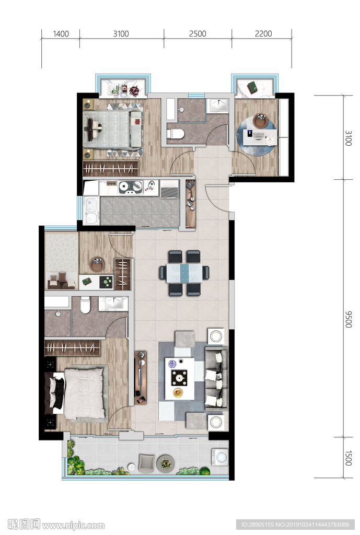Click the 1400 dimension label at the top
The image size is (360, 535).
[x=61, y=34]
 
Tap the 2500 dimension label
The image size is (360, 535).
[x=198, y=34]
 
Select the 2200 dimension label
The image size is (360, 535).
[x=263, y=34]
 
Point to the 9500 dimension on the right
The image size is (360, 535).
[x=347, y=319]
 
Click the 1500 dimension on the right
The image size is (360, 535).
[x=347, y=458]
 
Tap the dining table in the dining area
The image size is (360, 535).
[x=184, y=273]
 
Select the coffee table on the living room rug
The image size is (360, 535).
[x=180, y=378]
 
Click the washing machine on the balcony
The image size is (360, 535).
[x=220, y=457]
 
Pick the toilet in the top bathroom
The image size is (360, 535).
[x=176, y=133]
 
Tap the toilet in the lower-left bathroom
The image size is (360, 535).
[x=85, y=305]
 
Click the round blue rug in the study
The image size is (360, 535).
[x=257, y=136]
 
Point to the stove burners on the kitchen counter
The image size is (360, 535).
[x=130, y=188]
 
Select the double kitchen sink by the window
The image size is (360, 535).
[x=91, y=211]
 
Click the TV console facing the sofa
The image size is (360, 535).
[x=140, y=378]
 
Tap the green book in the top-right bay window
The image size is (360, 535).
[x=253, y=87]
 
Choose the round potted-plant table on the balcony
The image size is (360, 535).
[x=166, y=464]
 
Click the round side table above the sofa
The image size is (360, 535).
[x=216, y=336]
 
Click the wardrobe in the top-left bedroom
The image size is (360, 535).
[x=111, y=168]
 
